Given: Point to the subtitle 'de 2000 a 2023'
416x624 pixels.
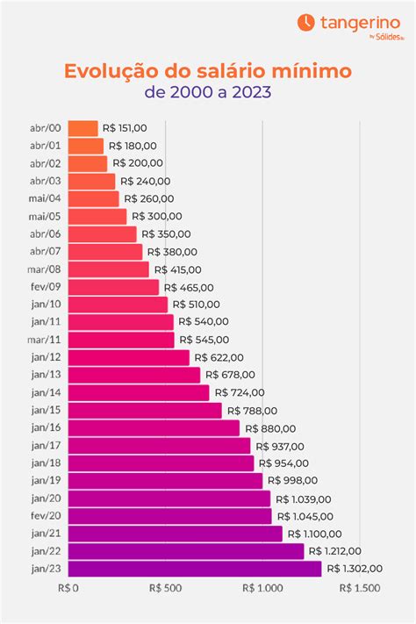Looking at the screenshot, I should click(x=208, y=90).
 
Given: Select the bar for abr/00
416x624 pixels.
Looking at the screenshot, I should click(x=82, y=129).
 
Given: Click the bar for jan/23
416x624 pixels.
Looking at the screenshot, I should click(x=194, y=569).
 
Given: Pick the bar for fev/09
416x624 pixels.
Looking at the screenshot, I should click(x=113, y=287).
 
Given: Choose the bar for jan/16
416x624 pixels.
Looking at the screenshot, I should click(x=154, y=427).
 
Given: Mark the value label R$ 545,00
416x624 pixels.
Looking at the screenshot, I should click(x=204, y=340).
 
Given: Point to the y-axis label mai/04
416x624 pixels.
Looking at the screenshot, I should click(x=45, y=199).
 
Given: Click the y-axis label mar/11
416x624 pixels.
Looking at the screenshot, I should click(x=45, y=340).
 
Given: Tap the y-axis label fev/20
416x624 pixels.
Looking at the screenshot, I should click(x=45, y=516).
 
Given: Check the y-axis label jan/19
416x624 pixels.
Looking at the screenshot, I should click(x=45, y=481).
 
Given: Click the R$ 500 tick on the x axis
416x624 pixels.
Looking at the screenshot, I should click(x=166, y=589).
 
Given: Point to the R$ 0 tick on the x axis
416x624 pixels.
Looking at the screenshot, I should click(x=68, y=589).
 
